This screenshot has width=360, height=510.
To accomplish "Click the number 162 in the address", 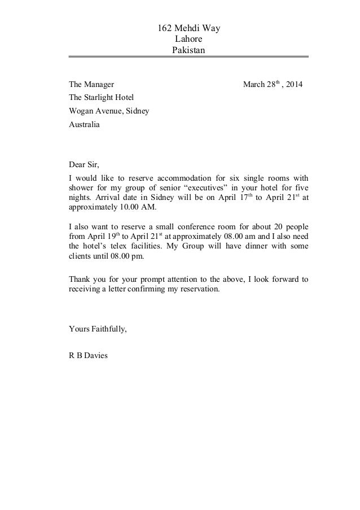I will (x=163, y=28).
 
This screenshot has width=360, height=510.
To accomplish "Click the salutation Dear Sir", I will (x=84, y=165).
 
